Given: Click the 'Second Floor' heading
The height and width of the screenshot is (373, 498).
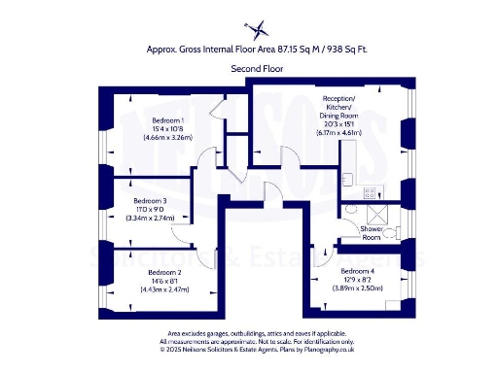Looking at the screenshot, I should (249, 69).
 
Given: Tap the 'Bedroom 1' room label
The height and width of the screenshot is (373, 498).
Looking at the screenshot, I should (141, 119).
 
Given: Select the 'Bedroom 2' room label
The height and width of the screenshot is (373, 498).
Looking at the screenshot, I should (161, 273).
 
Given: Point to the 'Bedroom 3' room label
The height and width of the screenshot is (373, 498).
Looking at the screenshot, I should (149, 201).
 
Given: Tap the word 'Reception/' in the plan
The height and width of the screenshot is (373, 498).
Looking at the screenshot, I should (339, 99).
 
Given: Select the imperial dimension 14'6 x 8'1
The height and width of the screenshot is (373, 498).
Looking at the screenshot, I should (161, 282).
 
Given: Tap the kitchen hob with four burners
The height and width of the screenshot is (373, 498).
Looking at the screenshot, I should (369, 192).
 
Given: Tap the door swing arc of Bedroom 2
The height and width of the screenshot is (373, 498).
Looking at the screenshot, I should (204, 258).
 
